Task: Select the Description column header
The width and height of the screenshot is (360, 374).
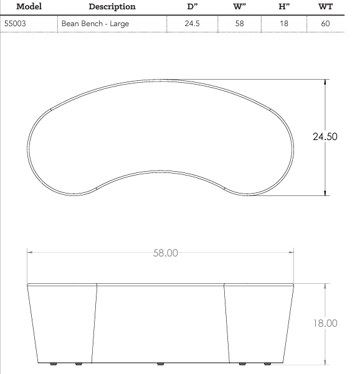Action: coord(112,7)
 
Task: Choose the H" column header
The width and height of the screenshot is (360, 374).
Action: coord(284,7)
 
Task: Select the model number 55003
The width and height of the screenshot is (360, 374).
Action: coord(17,24)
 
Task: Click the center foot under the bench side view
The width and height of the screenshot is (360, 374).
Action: coord(161,364)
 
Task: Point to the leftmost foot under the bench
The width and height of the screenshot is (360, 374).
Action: coord(52,364)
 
